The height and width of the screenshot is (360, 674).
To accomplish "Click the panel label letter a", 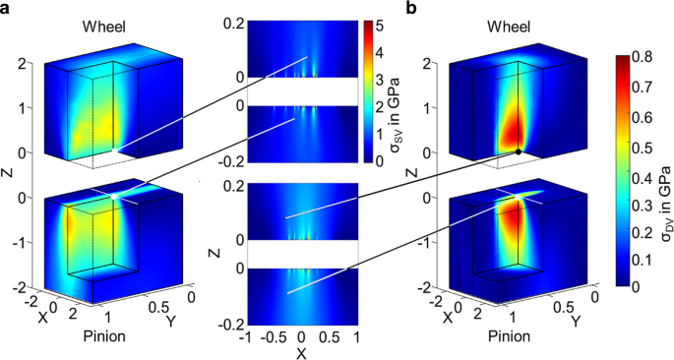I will pos(8,9).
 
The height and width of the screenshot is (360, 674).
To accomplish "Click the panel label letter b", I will pos(410,9).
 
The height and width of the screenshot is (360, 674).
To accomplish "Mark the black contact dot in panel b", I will pos(518,151).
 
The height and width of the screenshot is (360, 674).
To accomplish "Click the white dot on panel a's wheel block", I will pos(115,149).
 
